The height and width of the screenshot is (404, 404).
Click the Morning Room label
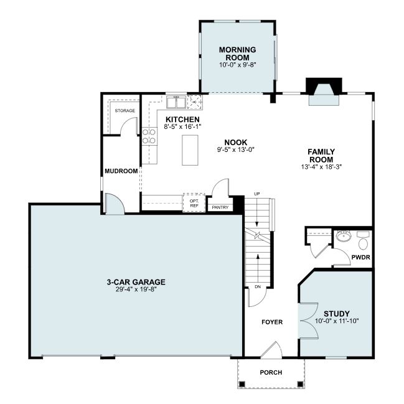(238, 54)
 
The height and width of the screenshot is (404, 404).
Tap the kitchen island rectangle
(190, 150)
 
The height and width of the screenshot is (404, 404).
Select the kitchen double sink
(176, 102)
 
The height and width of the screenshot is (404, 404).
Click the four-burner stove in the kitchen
(149, 136)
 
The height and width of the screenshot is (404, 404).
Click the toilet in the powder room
(364, 241)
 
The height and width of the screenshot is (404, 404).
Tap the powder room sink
(344, 236)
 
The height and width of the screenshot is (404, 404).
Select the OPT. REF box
(194, 203)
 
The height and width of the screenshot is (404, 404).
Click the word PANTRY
(220, 207)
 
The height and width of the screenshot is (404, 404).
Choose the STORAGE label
(125, 111)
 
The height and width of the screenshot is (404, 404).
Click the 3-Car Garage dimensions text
(136, 289)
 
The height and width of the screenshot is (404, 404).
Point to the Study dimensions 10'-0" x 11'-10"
(337, 321)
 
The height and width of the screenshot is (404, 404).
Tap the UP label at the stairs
(257, 194)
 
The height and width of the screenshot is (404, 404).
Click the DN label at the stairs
(258, 286)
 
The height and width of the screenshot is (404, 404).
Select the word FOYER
(272, 322)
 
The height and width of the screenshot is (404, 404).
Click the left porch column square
(242, 384)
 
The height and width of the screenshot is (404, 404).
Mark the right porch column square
(300, 384)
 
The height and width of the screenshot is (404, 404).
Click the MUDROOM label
(121, 171)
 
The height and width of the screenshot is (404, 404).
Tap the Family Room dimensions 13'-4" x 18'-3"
(321, 167)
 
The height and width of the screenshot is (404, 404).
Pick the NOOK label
(236, 142)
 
